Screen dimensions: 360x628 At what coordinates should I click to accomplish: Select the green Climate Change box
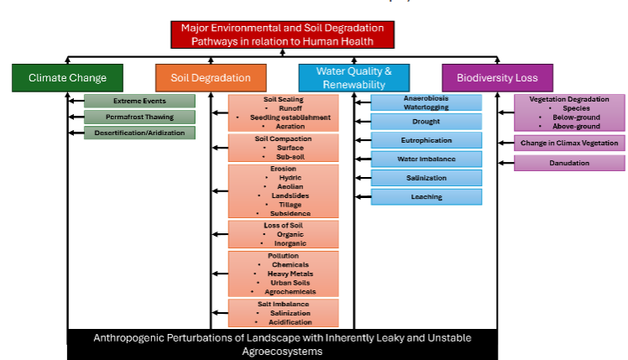pyautogui.click(x=67, y=78)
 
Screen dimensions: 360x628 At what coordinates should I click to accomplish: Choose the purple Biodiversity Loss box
pyautogui.click(x=497, y=78)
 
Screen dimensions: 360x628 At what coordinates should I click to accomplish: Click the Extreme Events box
pyautogui.click(x=140, y=102)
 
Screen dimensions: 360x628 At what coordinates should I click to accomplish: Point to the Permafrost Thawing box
pyautogui.click(x=140, y=117)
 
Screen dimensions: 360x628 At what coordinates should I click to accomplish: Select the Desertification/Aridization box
pyautogui.click(x=140, y=133)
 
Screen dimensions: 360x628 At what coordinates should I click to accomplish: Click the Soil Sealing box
pyautogui.click(x=283, y=112)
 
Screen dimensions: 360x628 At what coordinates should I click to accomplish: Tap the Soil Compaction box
pyautogui.click(x=283, y=148)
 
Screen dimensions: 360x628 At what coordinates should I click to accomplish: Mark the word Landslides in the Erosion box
pyautogui.click(x=283, y=196)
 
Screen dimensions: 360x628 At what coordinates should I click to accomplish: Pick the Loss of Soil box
pyautogui.click(x=283, y=234)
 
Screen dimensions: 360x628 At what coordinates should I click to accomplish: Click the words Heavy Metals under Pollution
pyautogui.click(x=285, y=274)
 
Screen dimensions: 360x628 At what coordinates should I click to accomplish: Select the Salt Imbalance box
pyautogui.click(x=283, y=312)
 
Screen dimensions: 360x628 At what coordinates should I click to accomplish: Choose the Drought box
pyautogui.click(x=427, y=122)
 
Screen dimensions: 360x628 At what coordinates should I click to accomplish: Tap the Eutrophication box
pyautogui.click(x=427, y=140)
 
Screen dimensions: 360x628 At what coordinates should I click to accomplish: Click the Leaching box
pyautogui.click(x=427, y=196)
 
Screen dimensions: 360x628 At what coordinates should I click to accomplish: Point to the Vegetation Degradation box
pyautogui.click(x=569, y=112)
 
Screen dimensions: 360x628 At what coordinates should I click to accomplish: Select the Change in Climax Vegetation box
pyautogui.click(x=569, y=143)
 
